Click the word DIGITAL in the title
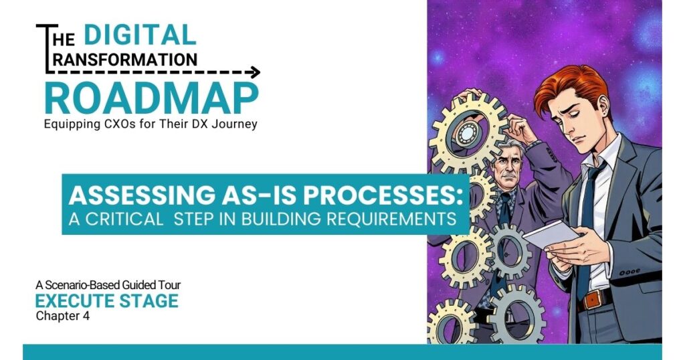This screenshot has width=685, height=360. tap(140, 35)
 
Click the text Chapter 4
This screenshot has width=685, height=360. tap(62, 315)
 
